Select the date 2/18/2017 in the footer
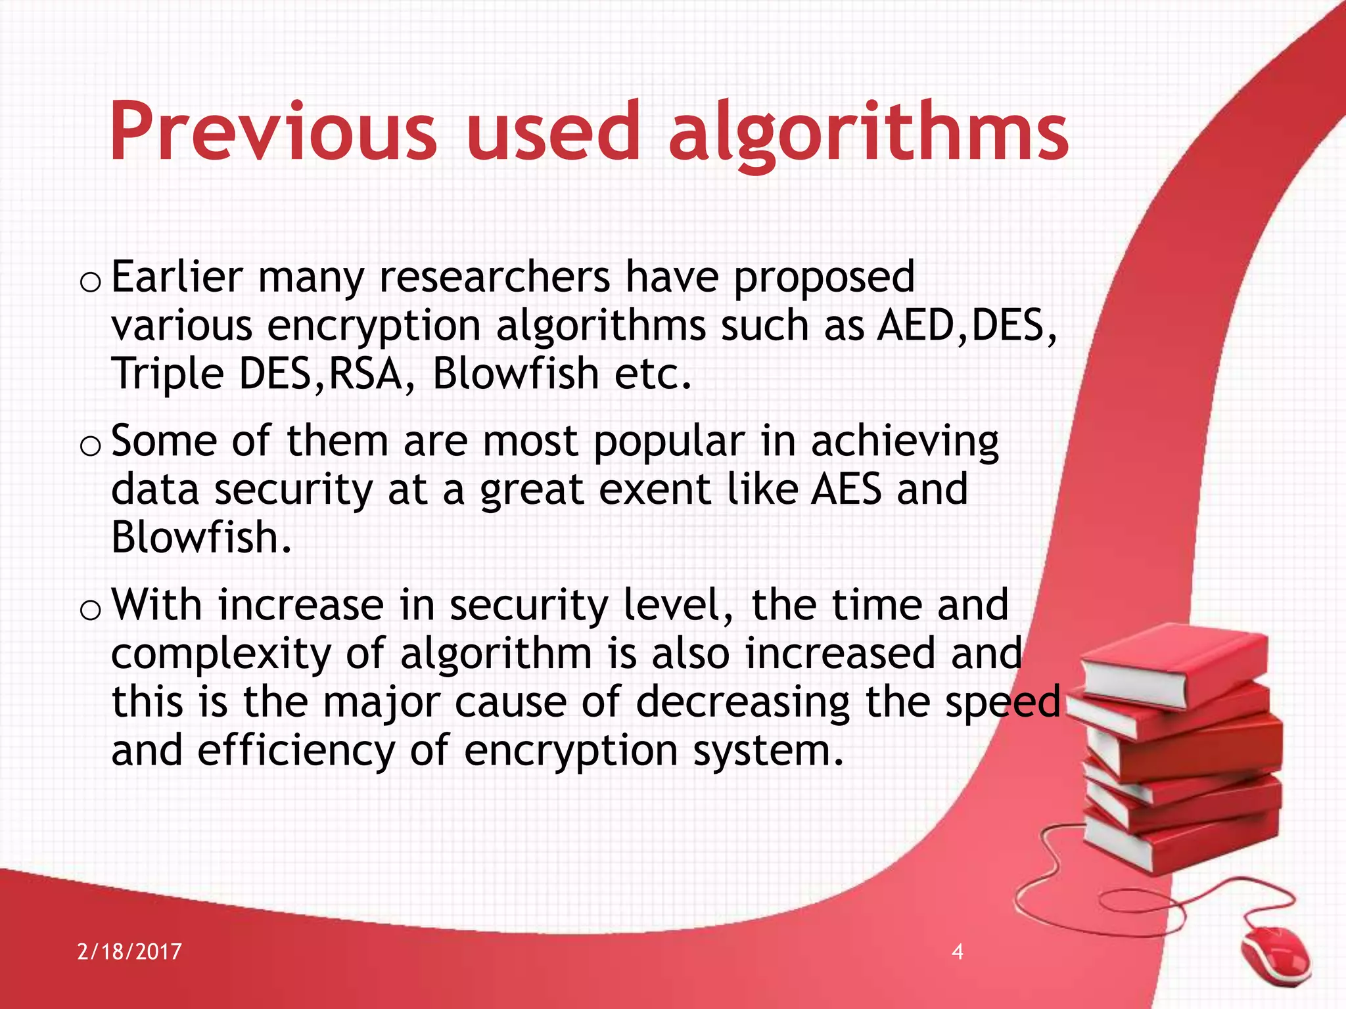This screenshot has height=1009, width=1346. click(x=129, y=952)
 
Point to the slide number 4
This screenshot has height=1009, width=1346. click(x=958, y=951)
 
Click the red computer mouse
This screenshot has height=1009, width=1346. click(x=1276, y=955)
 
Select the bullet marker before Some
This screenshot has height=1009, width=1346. click(x=89, y=445)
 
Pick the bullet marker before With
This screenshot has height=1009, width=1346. click(x=89, y=610)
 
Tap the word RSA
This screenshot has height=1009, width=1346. click(x=365, y=374)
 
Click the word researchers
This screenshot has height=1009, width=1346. click(x=494, y=277)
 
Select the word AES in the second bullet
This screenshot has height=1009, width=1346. click(x=846, y=489)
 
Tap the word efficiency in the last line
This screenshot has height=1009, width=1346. click(x=296, y=750)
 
